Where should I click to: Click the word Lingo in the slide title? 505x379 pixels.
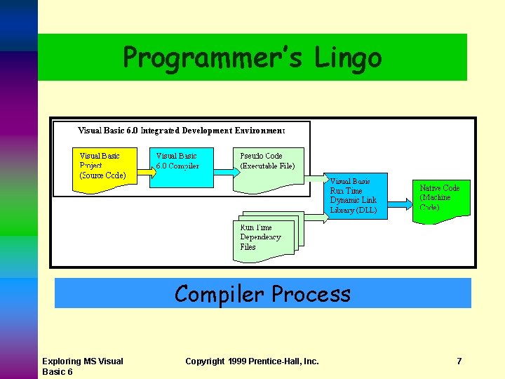pos(348,57)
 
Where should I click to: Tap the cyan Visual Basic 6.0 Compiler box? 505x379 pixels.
pos(181,167)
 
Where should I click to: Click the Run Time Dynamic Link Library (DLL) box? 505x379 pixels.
pos(356,197)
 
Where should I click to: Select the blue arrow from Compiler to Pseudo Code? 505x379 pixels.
pos(223,170)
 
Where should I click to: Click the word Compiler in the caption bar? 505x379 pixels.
pos(220,293)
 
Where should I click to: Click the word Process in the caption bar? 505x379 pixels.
pos(311,293)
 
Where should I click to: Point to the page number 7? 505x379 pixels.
pos(459,361)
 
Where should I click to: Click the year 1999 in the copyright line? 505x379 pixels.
pos(239,361)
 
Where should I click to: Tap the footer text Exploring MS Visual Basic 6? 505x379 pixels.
pos(82,366)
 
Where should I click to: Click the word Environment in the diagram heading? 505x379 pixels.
pos(260,131)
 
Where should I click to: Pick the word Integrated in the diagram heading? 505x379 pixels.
pos(161,131)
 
